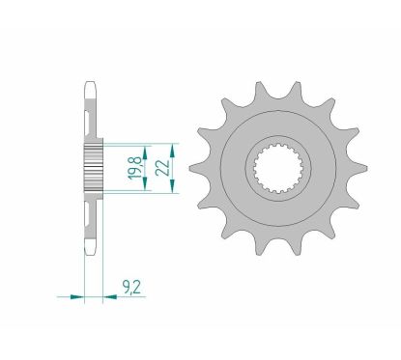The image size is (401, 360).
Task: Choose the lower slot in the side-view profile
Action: [x=92, y=215]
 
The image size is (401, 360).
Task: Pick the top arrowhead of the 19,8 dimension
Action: [x=145, y=148]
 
